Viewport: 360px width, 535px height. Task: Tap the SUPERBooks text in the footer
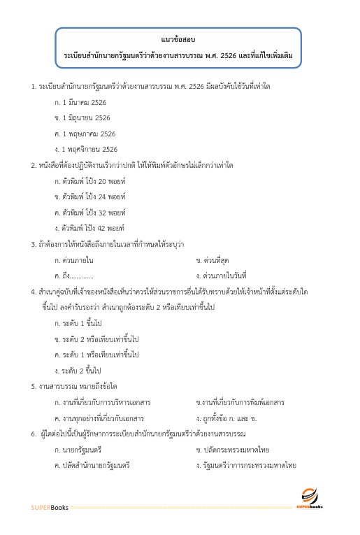[49, 507]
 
